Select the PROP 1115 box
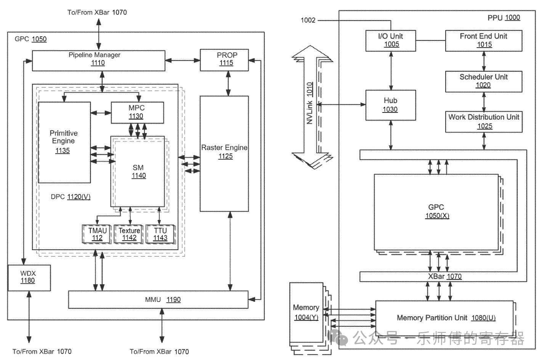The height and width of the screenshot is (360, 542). point(224,59)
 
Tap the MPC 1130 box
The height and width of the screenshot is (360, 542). point(137,112)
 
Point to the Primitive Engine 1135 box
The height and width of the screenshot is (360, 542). point(64,142)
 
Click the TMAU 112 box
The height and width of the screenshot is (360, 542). point(97,234)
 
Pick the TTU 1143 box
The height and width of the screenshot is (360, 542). point(160,234)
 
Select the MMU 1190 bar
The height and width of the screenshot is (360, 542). point(158,300)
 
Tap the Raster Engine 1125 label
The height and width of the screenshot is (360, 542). point(224,151)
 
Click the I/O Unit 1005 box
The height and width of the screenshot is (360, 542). point(390,40)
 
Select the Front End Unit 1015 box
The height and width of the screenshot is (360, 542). point(483,40)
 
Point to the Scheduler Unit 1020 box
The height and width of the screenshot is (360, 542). point(483,81)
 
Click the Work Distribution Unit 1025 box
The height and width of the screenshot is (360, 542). point(483,121)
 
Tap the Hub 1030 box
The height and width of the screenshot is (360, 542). point(390,105)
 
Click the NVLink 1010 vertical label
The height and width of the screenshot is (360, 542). point(310,103)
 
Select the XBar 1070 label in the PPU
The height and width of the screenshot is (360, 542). point(444,276)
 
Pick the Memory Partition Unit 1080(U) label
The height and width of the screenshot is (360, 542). point(446,318)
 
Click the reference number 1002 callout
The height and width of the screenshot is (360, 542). point(308,20)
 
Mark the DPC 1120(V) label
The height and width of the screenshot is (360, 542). point(71,197)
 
